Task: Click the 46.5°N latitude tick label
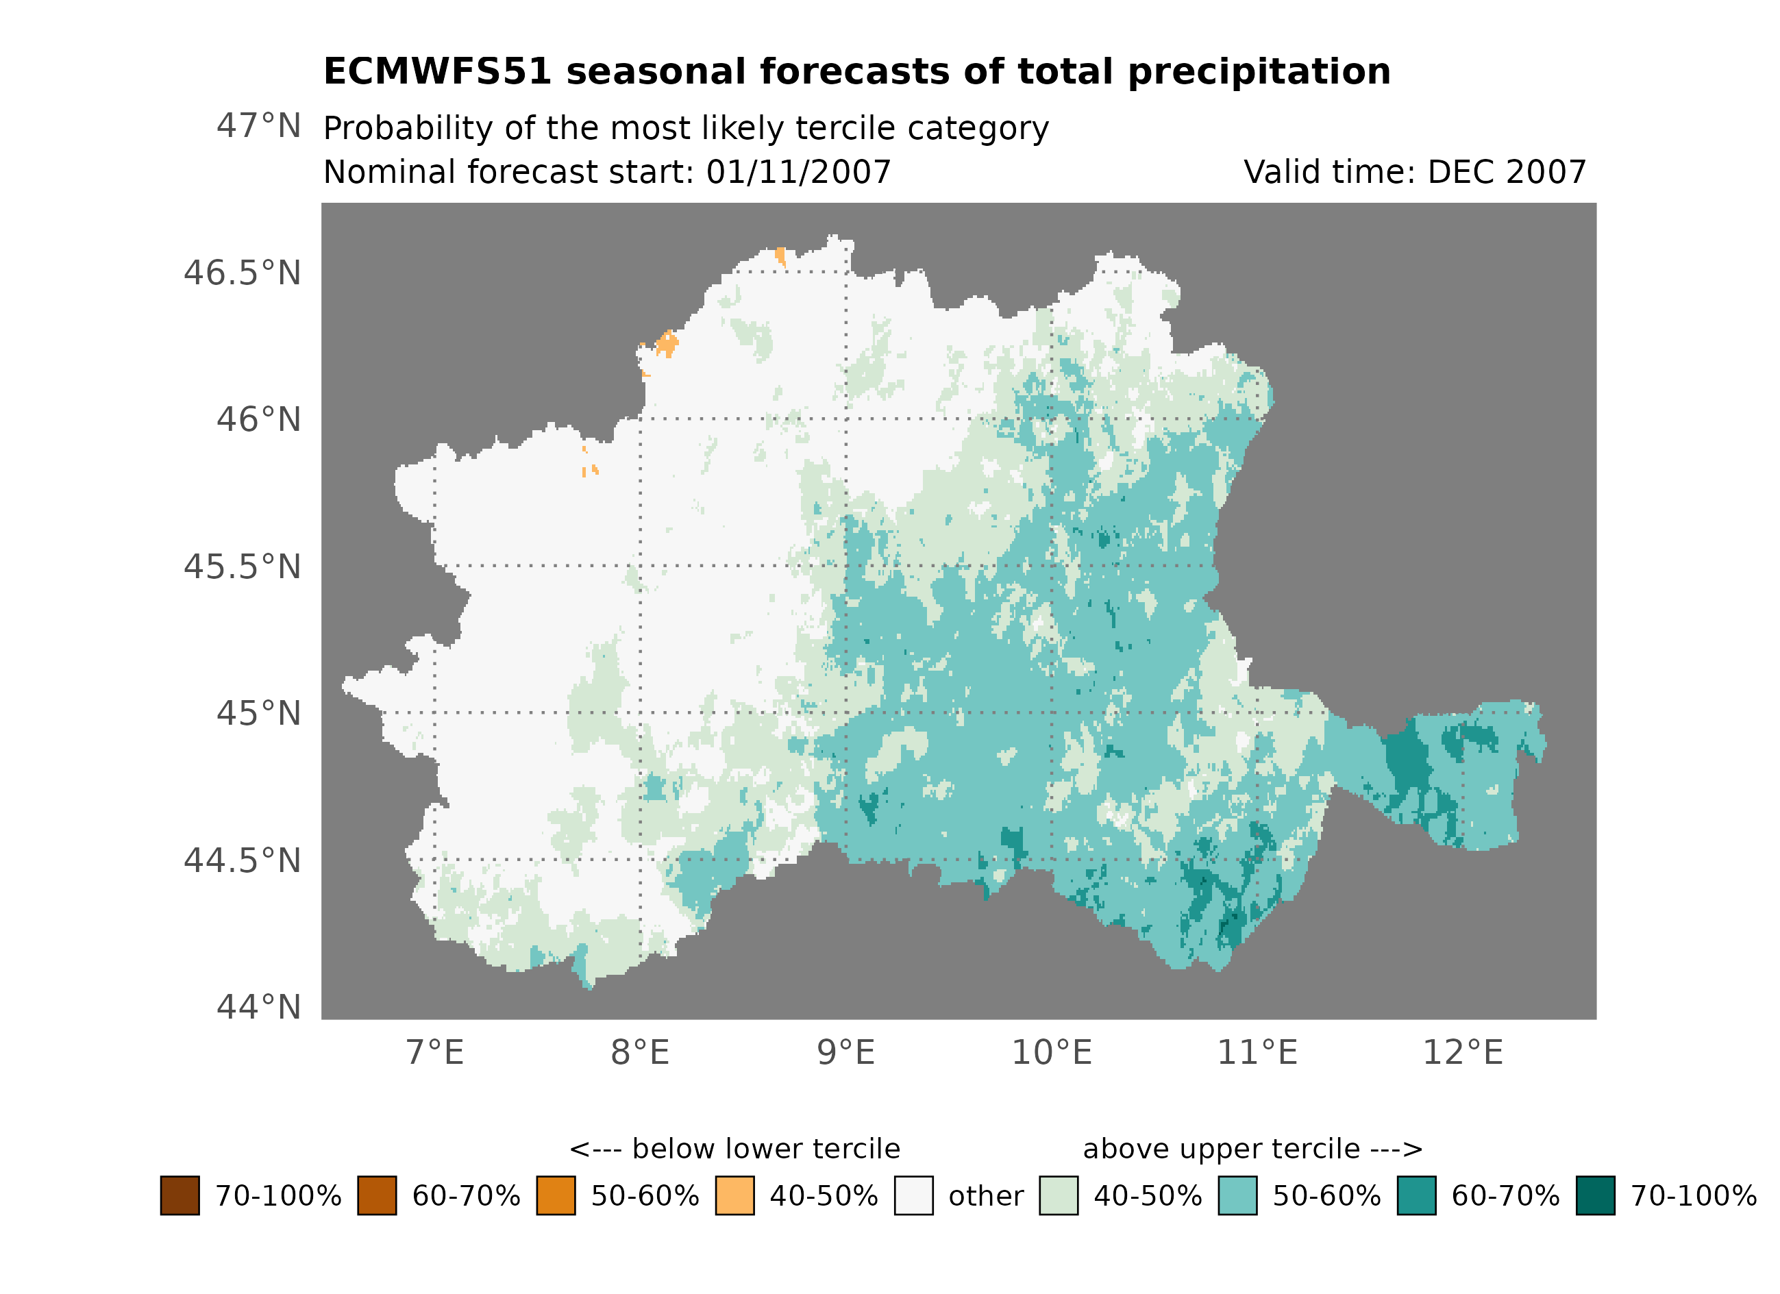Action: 242,273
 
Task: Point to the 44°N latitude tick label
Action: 258,1007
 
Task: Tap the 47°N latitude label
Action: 258,125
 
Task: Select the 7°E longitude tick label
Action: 435,1052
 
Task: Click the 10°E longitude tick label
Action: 1051,1052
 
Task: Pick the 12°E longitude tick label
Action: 1462,1052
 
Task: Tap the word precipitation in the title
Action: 1259,71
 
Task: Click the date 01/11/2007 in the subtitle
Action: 798,172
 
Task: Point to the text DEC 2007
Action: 1506,172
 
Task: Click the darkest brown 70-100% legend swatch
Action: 180,1195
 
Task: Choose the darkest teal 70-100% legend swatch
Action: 1595,1195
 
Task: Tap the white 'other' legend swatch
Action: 913,1195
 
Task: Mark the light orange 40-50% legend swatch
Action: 734,1195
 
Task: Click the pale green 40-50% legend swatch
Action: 1058,1195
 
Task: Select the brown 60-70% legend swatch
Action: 377,1195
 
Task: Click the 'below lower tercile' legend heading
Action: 734,1149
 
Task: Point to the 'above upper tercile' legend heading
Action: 1252,1149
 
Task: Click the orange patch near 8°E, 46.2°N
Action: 667,343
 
